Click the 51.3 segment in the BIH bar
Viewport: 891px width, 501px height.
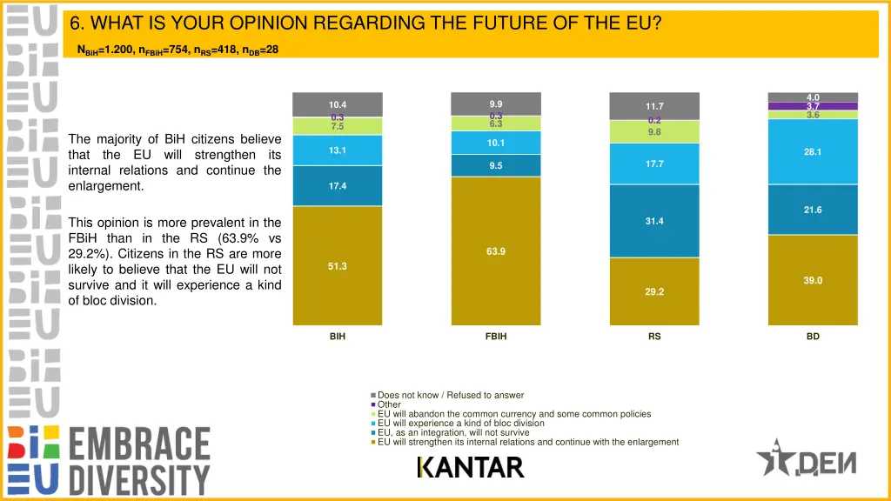coord(338,266)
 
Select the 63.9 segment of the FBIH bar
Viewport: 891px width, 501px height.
coord(495,251)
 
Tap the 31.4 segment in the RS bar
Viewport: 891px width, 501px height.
coord(654,221)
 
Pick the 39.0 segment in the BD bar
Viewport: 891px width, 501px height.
coord(813,280)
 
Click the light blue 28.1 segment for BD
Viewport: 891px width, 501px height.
coord(813,151)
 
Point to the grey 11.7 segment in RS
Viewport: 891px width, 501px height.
coord(654,106)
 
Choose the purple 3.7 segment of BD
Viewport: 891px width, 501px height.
coord(813,106)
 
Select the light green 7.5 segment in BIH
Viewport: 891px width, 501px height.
coord(338,126)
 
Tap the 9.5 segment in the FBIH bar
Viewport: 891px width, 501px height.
coord(495,165)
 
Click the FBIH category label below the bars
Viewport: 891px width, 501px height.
coord(495,337)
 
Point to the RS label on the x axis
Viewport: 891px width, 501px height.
coord(654,337)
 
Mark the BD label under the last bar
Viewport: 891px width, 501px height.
coord(813,337)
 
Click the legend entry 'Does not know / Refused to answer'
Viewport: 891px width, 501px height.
coord(451,395)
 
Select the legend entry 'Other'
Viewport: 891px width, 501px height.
coord(389,404)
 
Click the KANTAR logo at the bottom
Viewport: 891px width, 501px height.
coord(471,467)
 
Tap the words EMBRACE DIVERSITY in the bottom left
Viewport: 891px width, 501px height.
coord(139,461)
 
